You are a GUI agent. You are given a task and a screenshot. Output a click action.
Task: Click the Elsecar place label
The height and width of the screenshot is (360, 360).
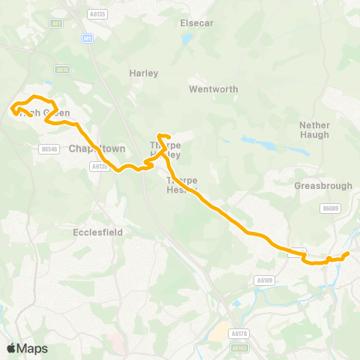pyautogui.click(x=197, y=23)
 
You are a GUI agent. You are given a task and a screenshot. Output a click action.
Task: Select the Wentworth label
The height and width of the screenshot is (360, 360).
pyautogui.click(x=213, y=89)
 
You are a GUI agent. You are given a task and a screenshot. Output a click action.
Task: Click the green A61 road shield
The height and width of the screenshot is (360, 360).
pyautogui.click(x=56, y=23)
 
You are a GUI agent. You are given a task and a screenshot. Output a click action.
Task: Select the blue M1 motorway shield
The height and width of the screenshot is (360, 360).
pyautogui.click(x=88, y=38)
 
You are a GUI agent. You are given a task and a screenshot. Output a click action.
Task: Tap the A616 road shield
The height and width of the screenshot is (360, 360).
pyautogui.click(x=61, y=70)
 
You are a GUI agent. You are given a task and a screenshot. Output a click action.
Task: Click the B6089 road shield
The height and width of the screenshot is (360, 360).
pyautogui.click(x=330, y=208)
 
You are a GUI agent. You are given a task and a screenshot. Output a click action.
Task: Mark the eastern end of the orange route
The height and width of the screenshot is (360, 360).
pyautogui.click(x=347, y=254)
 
